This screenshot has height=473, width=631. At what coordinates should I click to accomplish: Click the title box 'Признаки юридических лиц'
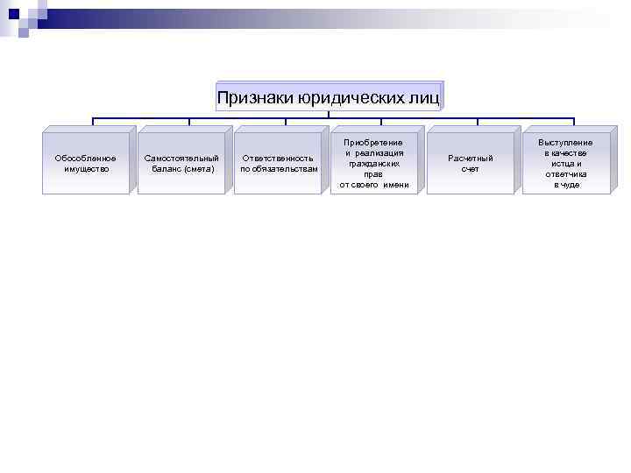coord(329,96)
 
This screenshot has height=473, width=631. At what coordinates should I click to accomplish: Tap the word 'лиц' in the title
coord(424,97)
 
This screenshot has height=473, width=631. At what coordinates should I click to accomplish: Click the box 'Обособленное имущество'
coord(86,162)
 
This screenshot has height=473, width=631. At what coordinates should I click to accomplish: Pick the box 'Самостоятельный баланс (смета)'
coord(181,162)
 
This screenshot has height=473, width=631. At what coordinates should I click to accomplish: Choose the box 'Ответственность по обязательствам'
coord(278,162)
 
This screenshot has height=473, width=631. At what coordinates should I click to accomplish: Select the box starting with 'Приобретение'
coord(374,162)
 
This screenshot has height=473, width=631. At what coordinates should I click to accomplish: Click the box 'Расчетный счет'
coord(471,162)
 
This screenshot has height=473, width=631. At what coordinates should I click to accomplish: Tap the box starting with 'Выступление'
coord(566,162)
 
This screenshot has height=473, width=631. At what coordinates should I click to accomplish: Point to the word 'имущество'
coord(86,168)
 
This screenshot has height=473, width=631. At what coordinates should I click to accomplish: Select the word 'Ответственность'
coord(278,158)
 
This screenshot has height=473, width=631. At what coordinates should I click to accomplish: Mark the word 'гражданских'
coord(374,163)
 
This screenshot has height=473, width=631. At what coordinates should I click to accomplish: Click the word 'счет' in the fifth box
coord(471,168)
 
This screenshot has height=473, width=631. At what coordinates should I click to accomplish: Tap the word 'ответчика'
coord(566,173)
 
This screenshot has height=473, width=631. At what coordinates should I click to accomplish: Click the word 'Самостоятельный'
coord(181,158)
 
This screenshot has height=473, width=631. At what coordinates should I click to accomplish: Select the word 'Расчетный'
coord(471,158)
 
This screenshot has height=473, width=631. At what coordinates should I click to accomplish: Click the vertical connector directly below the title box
coord(329,114)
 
